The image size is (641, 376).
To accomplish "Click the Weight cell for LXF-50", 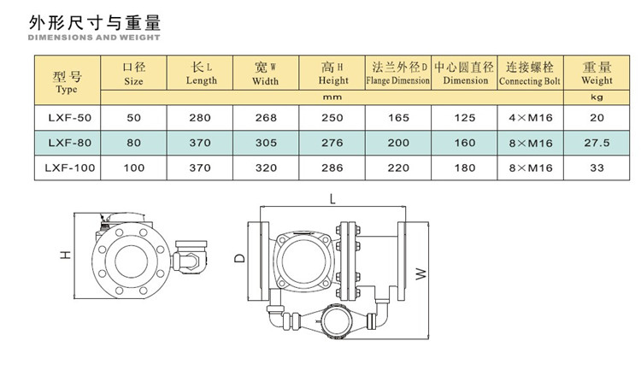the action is pos(597,118).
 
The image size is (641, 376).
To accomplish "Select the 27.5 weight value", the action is pos(597,143).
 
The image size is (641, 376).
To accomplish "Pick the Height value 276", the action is pos(332,143).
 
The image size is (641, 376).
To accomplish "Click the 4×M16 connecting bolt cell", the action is pos(531,118).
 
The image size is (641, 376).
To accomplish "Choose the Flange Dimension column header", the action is pos(398,73).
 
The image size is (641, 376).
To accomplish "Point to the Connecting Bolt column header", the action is pos(530,73).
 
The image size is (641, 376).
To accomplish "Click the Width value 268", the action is pos(266,118).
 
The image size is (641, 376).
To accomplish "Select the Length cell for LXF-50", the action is pos(200,118).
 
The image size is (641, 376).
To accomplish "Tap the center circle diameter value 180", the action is pos(465,167).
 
